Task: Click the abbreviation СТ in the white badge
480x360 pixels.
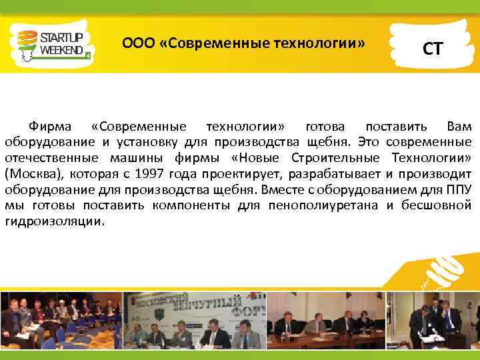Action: pyautogui.click(x=431, y=48)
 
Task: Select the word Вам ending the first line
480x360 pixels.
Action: pyautogui.click(x=459, y=127)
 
